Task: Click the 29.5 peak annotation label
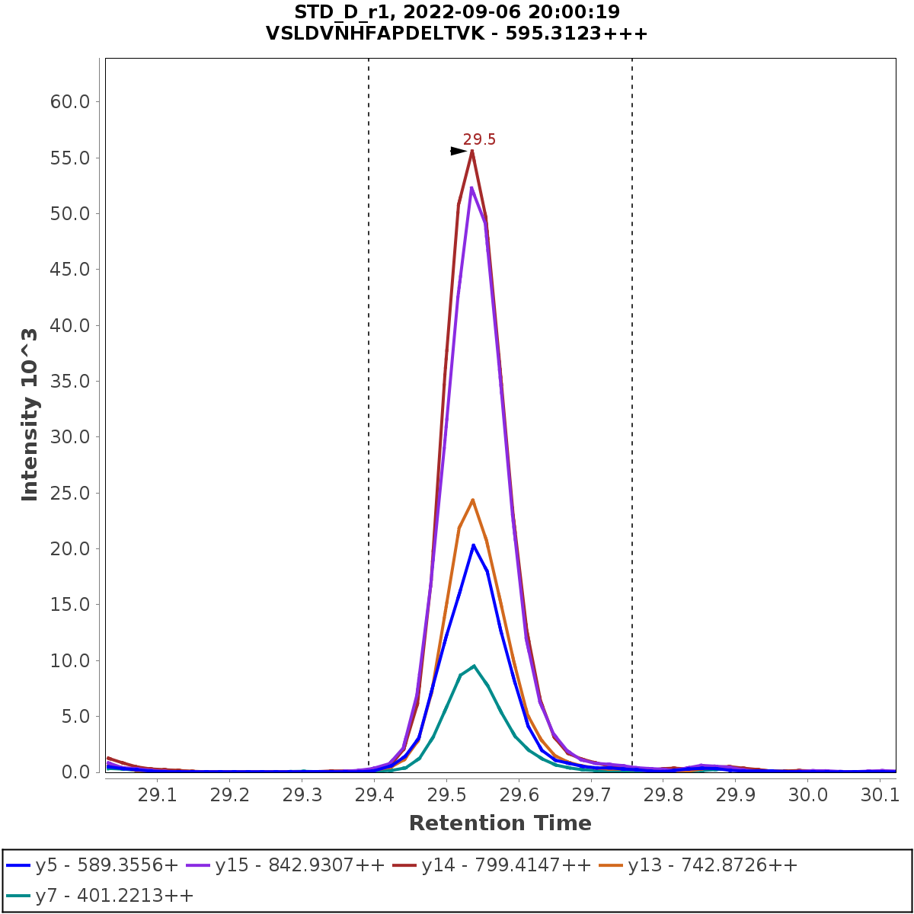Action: click(x=479, y=139)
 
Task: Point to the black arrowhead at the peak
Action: click(x=458, y=151)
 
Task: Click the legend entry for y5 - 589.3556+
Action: click(x=92, y=865)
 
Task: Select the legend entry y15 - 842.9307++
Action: click(x=286, y=865)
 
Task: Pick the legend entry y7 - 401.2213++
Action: click(x=100, y=896)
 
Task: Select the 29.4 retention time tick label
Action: click(x=373, y=794)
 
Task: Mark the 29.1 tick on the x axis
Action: click(x=156, y=794)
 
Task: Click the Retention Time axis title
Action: click(x=500, y=823)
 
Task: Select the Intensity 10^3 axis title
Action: click(x=30, y=415)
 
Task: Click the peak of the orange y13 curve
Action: click(x=472, y=500)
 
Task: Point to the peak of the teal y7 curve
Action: click(x=474, y=666)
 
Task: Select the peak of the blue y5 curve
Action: click(x=473, y=545)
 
